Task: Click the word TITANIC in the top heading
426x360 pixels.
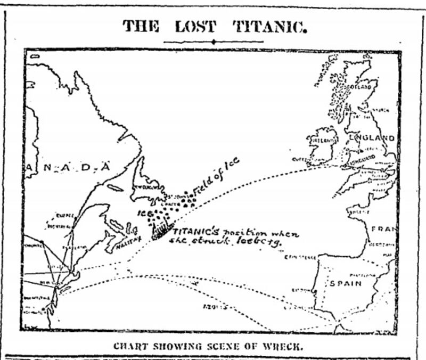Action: coord(270,26)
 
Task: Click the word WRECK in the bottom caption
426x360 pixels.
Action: coord(287,345)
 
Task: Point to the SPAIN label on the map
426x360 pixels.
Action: coord(346,283)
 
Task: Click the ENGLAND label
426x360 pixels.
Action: coord(372,138)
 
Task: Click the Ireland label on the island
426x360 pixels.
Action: coord(322,141)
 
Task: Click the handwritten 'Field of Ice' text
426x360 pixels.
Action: coord(216,176)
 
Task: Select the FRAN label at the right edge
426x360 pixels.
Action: coord(384,229)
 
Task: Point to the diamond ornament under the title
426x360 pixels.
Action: coord(213,42)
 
